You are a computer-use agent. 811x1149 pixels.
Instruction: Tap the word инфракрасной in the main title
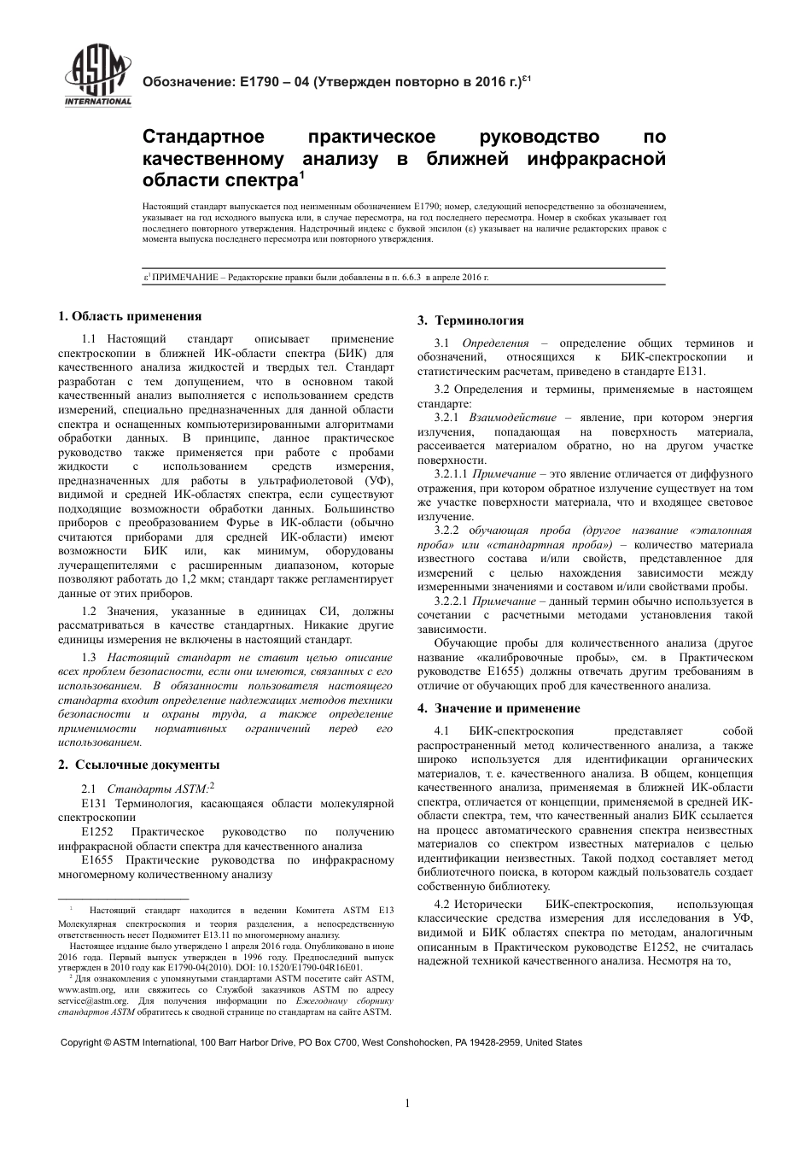coord(594,159)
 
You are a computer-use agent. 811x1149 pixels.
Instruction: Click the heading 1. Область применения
coord(130,316)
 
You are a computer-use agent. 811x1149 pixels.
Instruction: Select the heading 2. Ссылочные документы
coord(138,765)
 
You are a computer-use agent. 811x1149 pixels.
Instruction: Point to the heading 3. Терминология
coord(470,320)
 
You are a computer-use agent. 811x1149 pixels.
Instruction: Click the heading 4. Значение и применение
coord(499,708)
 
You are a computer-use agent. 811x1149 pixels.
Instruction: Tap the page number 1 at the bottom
coord(407,1103)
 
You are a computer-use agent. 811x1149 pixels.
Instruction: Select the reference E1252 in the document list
coord(97,832)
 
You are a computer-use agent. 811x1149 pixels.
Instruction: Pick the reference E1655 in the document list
coord(97,860)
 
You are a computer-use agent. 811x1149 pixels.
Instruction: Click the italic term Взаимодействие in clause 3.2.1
coord(510,418)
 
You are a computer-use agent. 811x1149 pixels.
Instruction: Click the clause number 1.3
coord(89,658)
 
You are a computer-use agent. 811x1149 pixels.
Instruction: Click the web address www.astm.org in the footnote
coord(86,989)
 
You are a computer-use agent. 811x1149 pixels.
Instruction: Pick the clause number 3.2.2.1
coord(452,601)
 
